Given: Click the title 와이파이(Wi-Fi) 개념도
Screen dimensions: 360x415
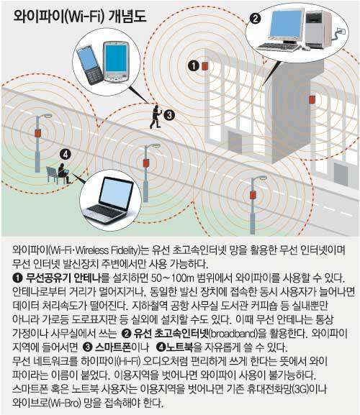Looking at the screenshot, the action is pyautogui.click(x=80, y=17).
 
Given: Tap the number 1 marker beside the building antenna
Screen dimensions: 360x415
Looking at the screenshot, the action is pyautogui.click(x=194, y=65).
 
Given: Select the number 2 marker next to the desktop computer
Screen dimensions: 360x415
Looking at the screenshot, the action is pyautogui.click(x=256, y=19).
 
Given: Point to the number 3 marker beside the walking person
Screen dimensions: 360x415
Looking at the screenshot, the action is pyautogui.click(x=168, y=115).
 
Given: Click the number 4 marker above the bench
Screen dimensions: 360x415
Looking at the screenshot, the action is pyautogui.click(x=66, y=154).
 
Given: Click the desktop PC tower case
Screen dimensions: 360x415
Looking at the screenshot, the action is pyautogui.click(x=318, y=29).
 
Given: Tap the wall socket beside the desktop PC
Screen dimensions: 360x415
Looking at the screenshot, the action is pyautogui.click(x=341, y=31).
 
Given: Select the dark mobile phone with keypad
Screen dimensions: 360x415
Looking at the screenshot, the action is pyautogui.click(x=90, y=65).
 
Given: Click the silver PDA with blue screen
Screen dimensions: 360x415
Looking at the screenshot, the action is pyautogui.click(x=117, y=61).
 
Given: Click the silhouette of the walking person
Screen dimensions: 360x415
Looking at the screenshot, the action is pyautogui.click(x=156, y=117).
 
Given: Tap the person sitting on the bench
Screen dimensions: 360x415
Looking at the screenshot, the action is pyautogui.click(x=63, y=173).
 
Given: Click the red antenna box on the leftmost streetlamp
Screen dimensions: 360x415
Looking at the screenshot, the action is pyautogui.click(x=38, y=133).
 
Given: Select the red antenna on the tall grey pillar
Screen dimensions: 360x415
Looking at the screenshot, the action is pyautogui.click(x=312, y=99).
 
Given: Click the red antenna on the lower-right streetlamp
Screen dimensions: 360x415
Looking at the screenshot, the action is pyautogui.click(x=253, y=195).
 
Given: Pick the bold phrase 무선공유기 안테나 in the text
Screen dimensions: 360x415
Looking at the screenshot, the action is pyautogui.click(x=63, y=278).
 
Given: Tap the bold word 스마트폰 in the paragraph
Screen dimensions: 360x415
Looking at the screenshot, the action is pyautogui.click(x=113, y=347).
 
